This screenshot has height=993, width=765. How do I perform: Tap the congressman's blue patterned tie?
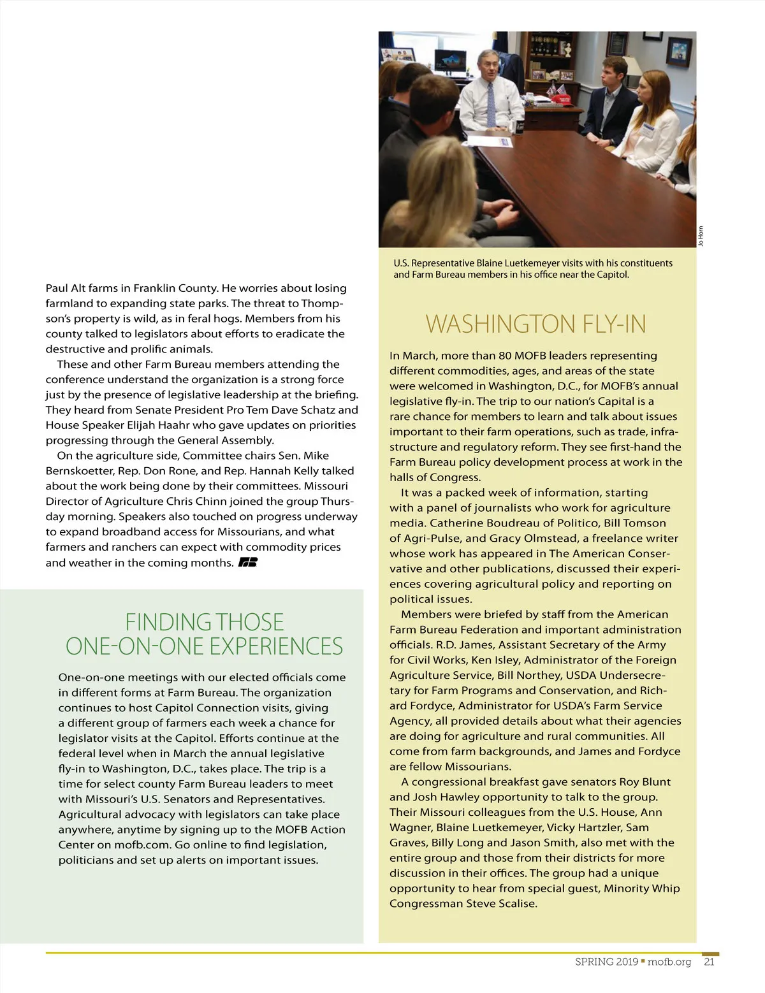tap(491, 105)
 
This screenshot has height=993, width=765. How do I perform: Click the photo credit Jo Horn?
tap(701, 236)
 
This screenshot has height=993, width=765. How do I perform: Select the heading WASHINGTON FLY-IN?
tap(535, 324)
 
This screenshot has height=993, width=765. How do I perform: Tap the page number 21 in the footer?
tap(709, 962)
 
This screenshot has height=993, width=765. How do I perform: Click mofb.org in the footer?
tap(669, 962)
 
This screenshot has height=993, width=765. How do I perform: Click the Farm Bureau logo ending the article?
tap(247, 562)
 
